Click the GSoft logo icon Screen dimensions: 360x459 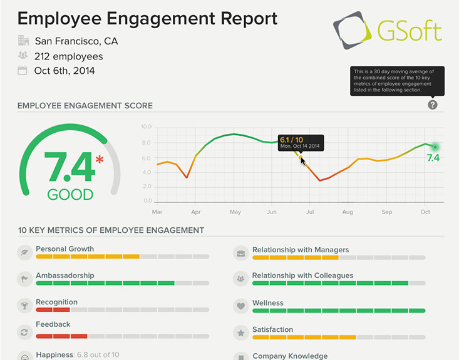353,30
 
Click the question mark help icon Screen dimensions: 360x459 433,105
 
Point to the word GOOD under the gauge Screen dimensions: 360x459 70,194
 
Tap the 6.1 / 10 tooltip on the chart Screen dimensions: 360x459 299,142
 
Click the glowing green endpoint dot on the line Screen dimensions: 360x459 435,147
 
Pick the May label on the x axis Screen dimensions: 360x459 235,212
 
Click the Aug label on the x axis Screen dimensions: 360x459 348,212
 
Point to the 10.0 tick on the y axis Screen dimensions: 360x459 147,126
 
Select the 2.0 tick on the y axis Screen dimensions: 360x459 147,187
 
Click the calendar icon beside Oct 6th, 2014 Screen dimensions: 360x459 24,71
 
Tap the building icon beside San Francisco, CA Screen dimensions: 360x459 24,41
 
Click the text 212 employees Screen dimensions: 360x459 69,56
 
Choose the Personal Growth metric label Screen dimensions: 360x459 64,249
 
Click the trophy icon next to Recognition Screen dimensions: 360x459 24,306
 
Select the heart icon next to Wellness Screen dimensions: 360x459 240,307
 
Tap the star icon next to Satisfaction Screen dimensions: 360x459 240,333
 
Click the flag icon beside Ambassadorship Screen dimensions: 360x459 24,279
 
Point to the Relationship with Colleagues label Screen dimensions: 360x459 302,275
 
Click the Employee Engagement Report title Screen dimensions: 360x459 147,18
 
